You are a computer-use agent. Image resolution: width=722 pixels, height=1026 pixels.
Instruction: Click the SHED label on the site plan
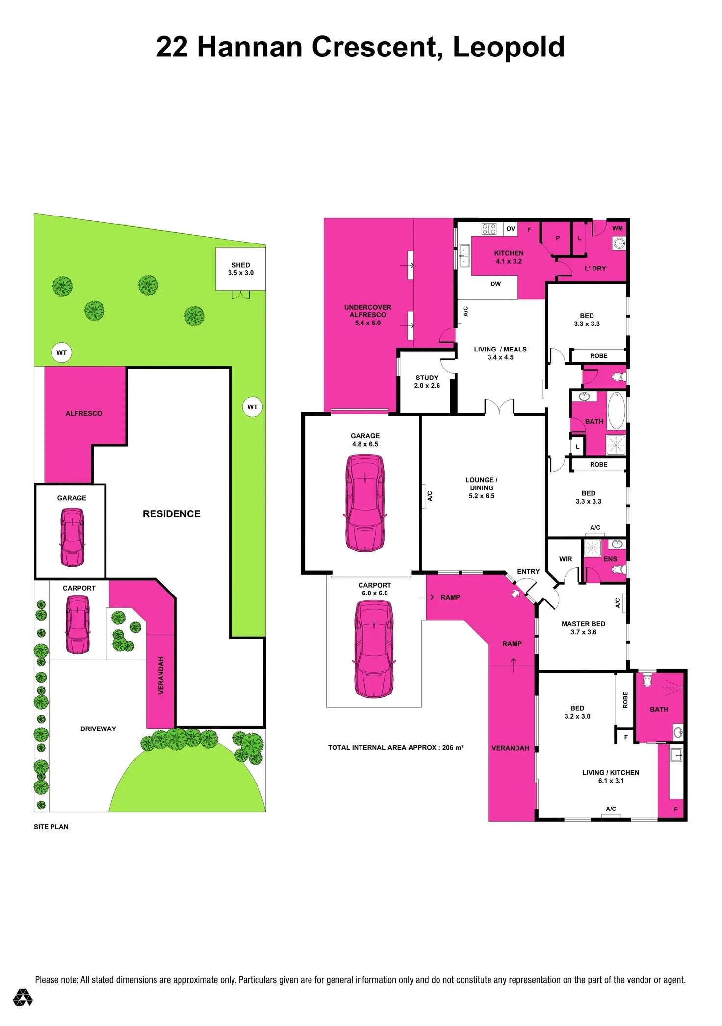[x=240, y=265]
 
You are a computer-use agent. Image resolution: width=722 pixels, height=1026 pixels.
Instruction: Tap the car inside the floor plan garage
[x=365, y=503]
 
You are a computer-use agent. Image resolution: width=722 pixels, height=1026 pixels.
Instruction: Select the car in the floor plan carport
[x=374, y=648]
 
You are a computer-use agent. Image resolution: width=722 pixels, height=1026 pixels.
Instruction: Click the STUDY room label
[x=427, y=378]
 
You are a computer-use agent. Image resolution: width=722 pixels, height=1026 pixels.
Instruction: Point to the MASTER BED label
[x=583, y=624]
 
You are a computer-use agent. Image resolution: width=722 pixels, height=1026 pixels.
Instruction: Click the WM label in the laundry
[x=618, y=228]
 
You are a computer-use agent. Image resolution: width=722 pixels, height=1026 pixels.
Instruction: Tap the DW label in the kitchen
[x=496, y=284]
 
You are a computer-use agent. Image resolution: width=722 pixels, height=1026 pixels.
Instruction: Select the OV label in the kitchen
[x=511, y=229]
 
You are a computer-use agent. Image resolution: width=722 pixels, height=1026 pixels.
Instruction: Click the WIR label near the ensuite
[x=566, y=559]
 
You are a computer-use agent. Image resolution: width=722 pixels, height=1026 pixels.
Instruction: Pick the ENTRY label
[x=528, y=572]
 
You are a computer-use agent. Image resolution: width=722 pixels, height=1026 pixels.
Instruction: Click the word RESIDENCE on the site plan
[x=172, y=514]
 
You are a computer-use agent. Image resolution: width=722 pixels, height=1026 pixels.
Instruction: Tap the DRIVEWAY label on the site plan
[x=98, y=729]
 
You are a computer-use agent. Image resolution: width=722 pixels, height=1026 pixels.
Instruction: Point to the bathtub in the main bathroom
[x=617, y=410]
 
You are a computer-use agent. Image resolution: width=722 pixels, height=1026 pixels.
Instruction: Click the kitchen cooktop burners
[x=489, y=229]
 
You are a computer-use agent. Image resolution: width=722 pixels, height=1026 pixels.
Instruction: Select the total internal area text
[x=395, y=748]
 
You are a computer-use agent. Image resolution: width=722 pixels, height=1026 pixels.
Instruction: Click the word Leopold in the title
[x=508, y=47]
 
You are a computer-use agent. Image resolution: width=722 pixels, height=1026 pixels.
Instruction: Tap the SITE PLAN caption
[x=51, y=827]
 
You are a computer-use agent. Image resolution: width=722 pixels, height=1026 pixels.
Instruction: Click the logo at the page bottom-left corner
[x=23, y=998]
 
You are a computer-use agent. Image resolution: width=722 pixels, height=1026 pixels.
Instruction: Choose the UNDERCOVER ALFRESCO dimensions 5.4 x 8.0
[x=368, y=323]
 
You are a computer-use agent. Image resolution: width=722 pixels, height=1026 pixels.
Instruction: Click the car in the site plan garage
[x=72, y=537]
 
